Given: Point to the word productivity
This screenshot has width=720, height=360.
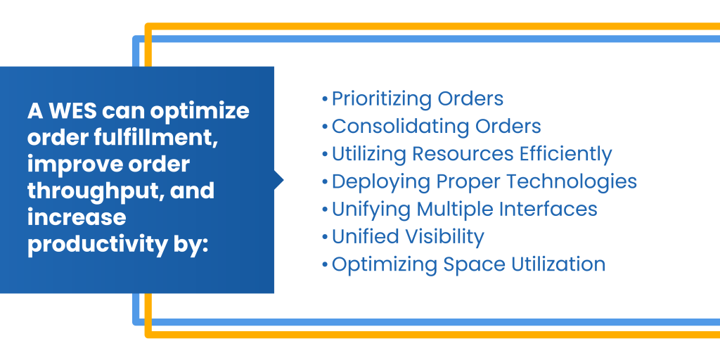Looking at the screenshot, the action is coord(96,245).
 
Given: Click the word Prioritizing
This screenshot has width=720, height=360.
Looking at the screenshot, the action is coord(382,99).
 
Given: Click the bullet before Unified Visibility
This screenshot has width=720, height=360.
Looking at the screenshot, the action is coord(325,238).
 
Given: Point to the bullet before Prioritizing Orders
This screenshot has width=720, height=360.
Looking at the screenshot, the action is coord(325,99).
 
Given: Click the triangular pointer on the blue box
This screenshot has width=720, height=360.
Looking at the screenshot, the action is coord(278,180).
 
